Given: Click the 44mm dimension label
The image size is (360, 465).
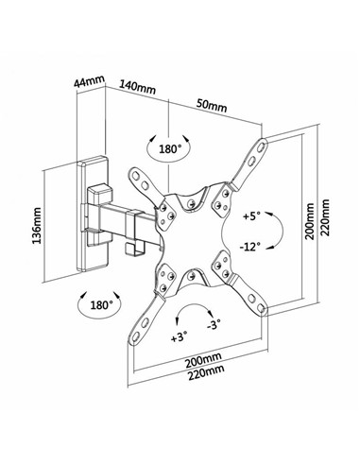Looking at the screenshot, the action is coord(89,82).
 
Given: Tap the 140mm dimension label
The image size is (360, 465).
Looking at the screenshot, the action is coord(137,87).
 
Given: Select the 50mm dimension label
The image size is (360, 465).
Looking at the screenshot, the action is coord(212,105).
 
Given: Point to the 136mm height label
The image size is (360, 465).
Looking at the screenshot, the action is coord(37,225).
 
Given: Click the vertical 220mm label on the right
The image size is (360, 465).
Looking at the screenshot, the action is coord(324,217).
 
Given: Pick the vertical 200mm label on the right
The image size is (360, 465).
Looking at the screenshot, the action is coord(310,221).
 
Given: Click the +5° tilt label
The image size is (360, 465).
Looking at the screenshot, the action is coord(251,216).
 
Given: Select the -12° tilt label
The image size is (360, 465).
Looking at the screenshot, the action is coord(250,247).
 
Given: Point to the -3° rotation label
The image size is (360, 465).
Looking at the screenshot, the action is coord(214,324).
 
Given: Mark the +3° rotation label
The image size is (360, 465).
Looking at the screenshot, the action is coord(179,337).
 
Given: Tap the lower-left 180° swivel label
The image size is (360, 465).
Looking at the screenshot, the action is coord(101,304).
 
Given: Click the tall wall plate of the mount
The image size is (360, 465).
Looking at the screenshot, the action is coord(94,214).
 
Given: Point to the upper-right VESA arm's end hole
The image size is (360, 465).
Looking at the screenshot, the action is coord(262,146).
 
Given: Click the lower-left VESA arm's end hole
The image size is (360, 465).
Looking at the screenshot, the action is coord(135,336).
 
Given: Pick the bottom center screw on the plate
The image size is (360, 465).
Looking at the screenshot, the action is coord(190,277).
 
